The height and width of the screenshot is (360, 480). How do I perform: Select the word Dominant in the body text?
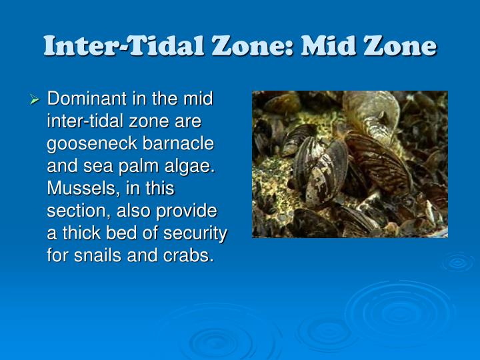pyautogui.click(x=87, y=99)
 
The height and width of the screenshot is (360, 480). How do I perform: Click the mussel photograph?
pyautogui.click(x=349, y=164)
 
